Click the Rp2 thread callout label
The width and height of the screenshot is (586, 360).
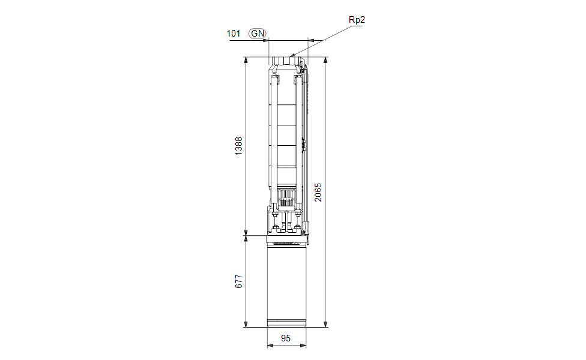tap(357, 20)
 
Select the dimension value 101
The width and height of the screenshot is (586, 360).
tap(233, 34)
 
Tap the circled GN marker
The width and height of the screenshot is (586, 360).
tap(258, 34)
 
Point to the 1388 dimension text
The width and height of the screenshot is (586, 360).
tap(238, 146)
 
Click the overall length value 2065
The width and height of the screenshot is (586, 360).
tap(318, 193)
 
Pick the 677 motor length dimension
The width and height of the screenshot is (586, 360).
tap(238, 281)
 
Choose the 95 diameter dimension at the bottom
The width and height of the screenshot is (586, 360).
tap(286, 338)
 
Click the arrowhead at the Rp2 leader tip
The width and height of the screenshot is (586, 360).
tap(292, 55)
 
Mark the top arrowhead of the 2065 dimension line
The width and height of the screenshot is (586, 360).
tap(326, 60)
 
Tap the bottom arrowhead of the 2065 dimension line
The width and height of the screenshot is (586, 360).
tap(326, 324)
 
